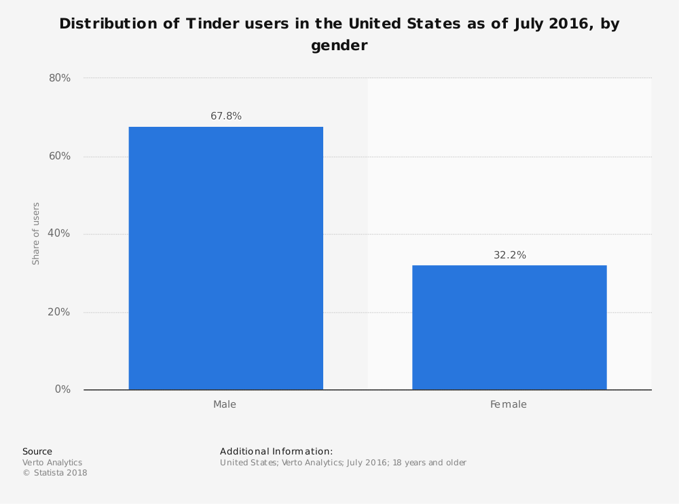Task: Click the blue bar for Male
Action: [225, 258]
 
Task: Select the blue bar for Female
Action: [509, 327]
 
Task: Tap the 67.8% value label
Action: [226, 116]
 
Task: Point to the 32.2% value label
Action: [510, 255]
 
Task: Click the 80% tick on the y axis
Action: [60, 78]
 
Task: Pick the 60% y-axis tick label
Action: [60, 156]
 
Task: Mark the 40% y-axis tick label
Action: [60, 233]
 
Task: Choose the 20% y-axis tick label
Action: [60, 312]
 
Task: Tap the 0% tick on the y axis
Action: [63, 389]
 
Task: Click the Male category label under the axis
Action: [225, 404]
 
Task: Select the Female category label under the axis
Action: [509, 404]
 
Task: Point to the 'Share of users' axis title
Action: [36, 233]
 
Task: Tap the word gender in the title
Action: [339, 46]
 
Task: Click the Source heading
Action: [37, 451]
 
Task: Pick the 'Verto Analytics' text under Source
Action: [52, 463]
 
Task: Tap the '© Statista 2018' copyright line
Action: [55, 473]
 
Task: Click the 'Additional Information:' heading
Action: [276, 451]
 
